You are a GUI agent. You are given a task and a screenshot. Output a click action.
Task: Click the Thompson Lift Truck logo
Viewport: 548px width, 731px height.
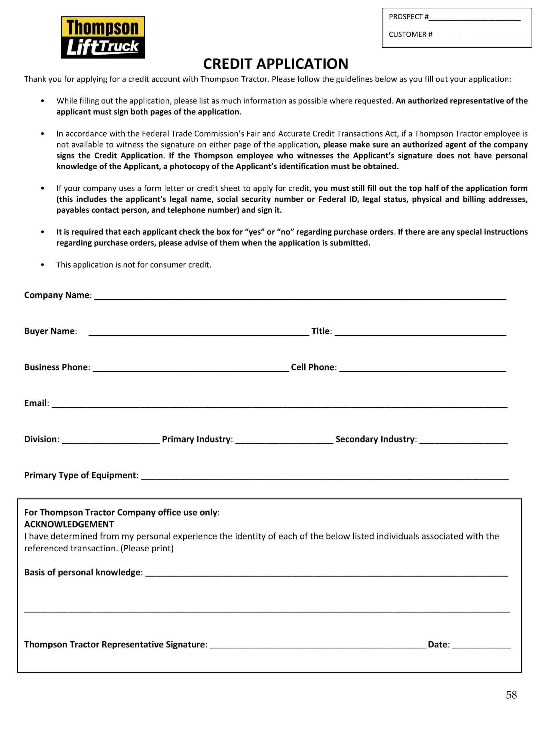(x=103, y=37)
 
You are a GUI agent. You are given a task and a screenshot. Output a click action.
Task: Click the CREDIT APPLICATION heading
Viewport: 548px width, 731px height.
(x=275, y=64)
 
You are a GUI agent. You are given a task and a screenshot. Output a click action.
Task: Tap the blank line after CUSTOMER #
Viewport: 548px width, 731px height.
(x=476, y=36)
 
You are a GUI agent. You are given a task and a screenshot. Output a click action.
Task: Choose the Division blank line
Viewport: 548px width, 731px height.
(x=111, y=441)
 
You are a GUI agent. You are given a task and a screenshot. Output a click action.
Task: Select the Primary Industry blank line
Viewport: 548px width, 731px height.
(x=284, y=441)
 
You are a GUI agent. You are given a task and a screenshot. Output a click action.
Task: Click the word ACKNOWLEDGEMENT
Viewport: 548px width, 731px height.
(x=69, y=525)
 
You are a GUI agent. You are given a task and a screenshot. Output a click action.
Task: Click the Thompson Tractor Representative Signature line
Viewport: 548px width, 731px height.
(x=317, y=646)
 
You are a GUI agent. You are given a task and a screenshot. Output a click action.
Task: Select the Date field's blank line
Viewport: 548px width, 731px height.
(x=481, y=646)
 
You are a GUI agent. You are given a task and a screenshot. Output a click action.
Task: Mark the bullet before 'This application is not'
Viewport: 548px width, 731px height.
(x=42, y=265)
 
